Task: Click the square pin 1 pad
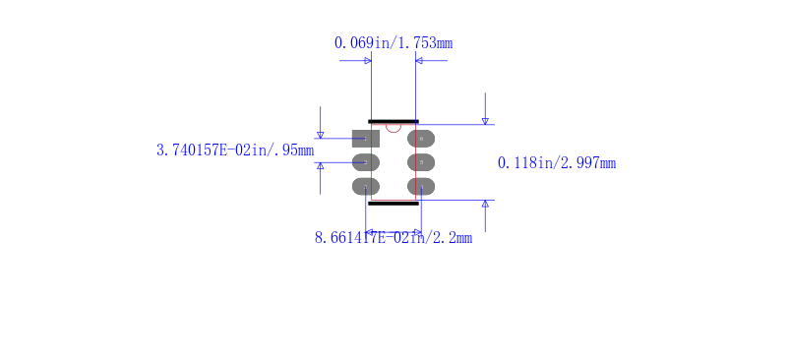365,139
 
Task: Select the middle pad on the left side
365,162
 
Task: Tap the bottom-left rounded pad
365,186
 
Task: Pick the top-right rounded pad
421,139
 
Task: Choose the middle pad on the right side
421,162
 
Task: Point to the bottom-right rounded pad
421,186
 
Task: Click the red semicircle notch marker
393,132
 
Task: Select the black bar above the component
393,122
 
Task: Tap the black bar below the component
393,204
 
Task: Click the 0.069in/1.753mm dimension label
393,43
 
